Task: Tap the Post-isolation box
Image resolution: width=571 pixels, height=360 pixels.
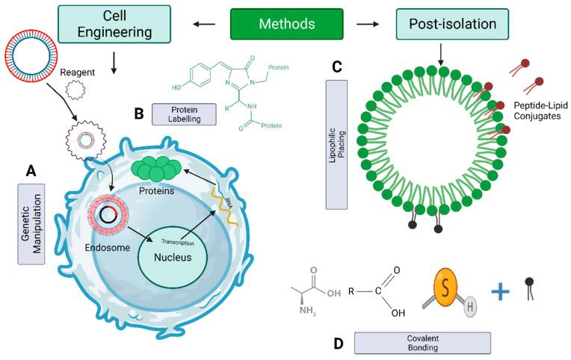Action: coord(445,25)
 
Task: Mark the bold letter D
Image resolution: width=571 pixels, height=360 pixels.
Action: coord(338,343)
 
